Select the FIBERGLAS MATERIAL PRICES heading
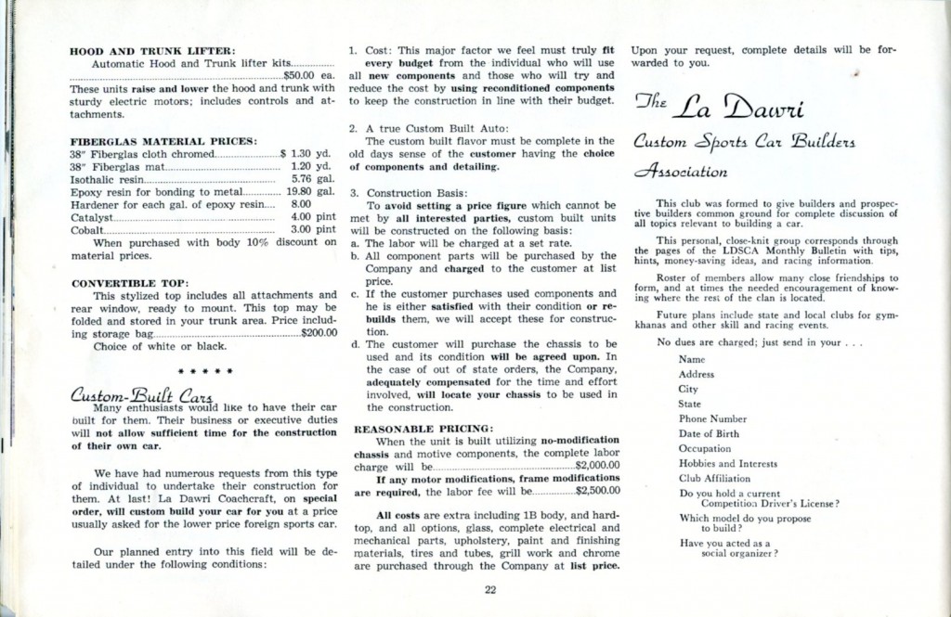pos(163,141)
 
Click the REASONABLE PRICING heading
pos(407,430)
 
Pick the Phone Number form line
pos(713,418)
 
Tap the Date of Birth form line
pos(711,433)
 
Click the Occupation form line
pos(705,448)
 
